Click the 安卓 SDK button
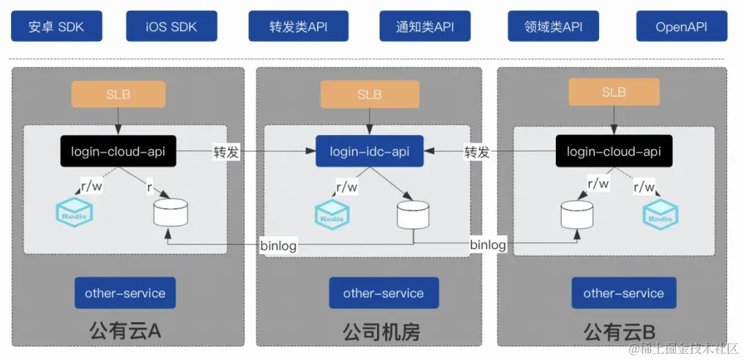(56, 27)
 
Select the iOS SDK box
(171, 27)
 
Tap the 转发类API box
(298, 27)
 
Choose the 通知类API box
(424, 27)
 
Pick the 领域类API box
(553, 27)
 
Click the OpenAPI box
(681, 27)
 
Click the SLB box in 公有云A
(118, 94)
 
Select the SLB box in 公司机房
(369, 94)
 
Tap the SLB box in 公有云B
(614, 92)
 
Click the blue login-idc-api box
(369, 151)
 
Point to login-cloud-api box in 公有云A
(118, 151)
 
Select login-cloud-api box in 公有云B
(614, 151)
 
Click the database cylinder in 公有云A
(171, 213)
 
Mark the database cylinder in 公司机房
(413, 215)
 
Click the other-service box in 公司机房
(383, 293)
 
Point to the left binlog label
(278, 244)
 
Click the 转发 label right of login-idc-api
(477, 152)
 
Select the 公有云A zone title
(125, 332)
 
